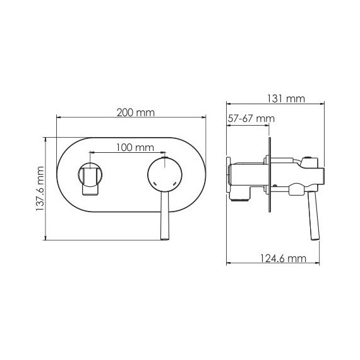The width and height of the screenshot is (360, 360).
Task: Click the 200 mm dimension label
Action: [x=136, y=112]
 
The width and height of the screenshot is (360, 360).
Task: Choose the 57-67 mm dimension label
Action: [x=251, y=119]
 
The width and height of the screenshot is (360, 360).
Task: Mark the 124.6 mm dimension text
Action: [x=283, y=258]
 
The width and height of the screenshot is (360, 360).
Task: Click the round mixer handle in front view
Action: [x=164, y=174]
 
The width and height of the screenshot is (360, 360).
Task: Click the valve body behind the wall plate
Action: [x=246, y=177]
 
